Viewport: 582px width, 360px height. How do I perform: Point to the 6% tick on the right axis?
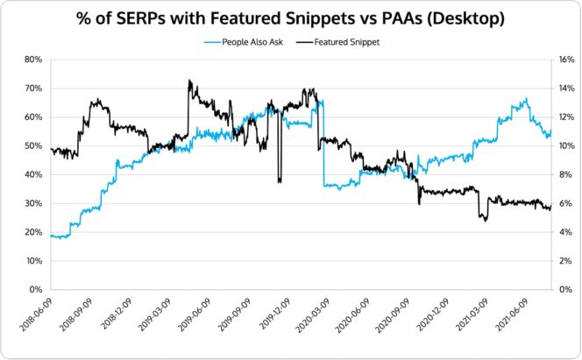(x=565, y=203)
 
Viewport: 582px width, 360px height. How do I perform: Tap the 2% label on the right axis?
(x=565, y=261)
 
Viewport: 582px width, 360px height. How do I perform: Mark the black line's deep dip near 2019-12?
(x=280, y=180)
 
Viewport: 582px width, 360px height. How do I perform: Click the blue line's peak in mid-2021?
(x=526, y=99)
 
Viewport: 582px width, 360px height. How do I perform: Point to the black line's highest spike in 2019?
(x=189, y=81)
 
